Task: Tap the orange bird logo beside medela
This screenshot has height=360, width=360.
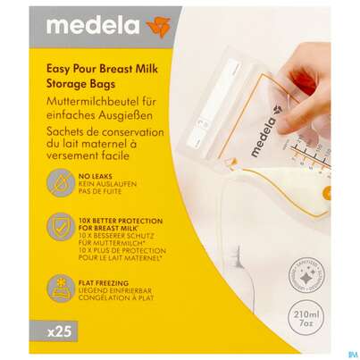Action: pos(157,27)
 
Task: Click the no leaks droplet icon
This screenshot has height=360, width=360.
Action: pos(62,184)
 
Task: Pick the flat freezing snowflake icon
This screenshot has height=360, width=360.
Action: pos(62,288)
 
